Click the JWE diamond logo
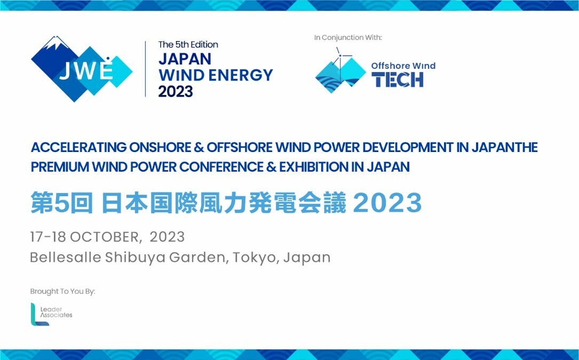coord(82,69)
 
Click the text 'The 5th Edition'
coord(188,45)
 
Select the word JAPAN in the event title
coord(185,59)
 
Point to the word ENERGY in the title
coord(241,75)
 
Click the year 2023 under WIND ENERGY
coord(176,92)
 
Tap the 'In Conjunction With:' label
coord(348,38)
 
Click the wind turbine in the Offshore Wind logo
coord(340,59)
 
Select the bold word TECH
coord(398,79)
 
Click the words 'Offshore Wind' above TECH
coord(403,66)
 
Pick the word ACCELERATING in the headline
coord(78,147)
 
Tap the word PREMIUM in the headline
coord(60,167)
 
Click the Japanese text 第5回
coord(61,203)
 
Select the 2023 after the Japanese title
coord(387,203)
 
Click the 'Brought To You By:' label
coord(63,291)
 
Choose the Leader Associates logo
coord(51,314)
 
